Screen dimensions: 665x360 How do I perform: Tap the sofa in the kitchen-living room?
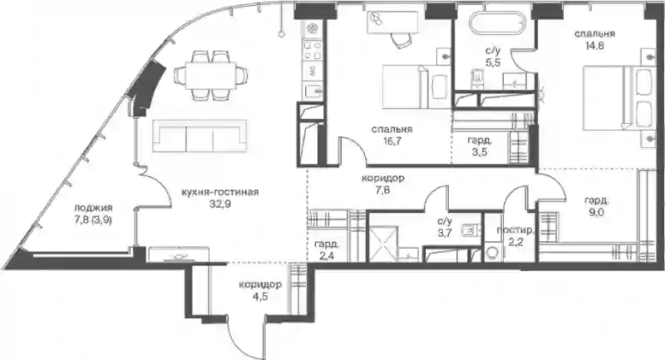pyautogui.click(x=200, y=136)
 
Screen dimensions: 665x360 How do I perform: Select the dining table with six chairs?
pyautogui.click(x=211, y=76)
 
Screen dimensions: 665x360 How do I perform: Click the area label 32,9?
pyautogui.click(x=219, y=205)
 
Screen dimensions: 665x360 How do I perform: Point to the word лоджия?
pyautogui.click(x=93, y=208)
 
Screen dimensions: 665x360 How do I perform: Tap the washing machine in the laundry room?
pyautogui.click(x=493, y=252)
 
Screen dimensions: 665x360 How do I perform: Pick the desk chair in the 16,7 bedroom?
pyautogui.click(x=401, y=39)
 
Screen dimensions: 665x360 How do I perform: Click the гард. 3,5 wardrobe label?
pyautogui.click(x=480, y=145)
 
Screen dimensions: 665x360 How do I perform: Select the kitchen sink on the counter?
pyautogui.click(x=313, y=91)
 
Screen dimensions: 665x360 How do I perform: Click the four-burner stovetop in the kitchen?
pyautogui.click(x=313, y=50)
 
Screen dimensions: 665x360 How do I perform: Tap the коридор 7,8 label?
pyautogui.click(x=382, y=184)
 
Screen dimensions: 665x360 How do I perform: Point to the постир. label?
pyautogui.click(x=515, y=230)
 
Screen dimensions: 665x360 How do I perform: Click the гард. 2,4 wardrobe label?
pyautogui.click(x=327, y=250)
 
